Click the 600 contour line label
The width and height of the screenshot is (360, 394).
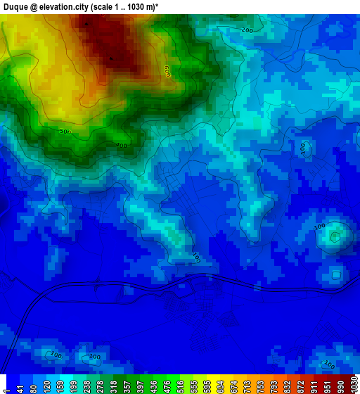tap(167, 71)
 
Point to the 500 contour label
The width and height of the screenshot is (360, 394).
tap(65, 132)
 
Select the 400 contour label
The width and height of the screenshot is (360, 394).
tap(121, 146)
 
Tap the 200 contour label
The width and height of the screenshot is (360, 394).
tap(247, 30)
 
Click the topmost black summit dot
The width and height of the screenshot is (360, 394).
tap(86, 24)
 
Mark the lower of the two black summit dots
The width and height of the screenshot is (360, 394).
tap(111, 58)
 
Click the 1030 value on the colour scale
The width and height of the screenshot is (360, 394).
tap(352, 386)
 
